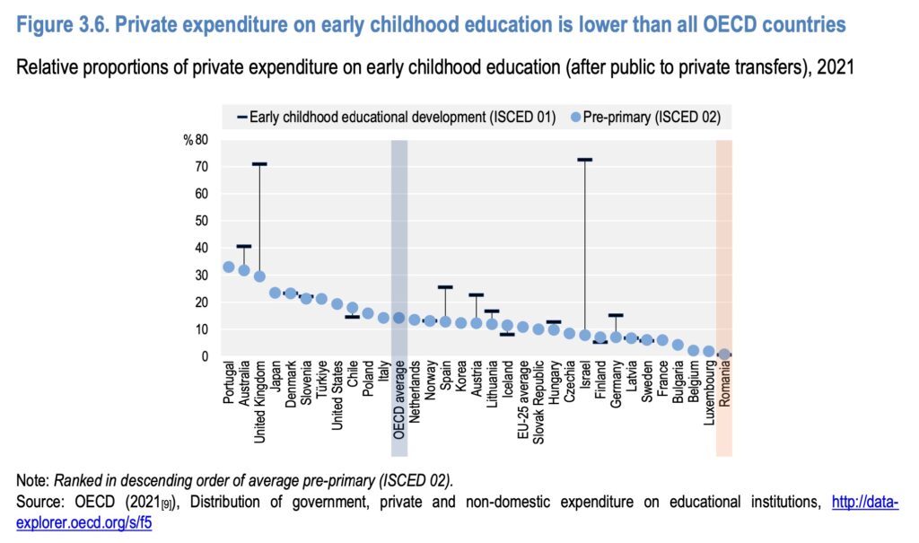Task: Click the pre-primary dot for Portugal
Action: [x=229, y=267]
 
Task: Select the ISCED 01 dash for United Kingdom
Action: [x=259, y=164]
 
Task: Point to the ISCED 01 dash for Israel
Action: [x=584, y=160]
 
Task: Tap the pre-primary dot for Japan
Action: [x=276, y=293]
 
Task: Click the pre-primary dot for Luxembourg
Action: [x=709, y=351]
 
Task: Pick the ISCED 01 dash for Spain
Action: [x=445, y=287]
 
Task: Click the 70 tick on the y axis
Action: [x=201, y=167]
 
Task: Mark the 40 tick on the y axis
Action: [x=201, y=248]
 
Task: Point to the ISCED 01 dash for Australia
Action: [x=244, y=246]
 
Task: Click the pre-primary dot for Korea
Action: [x=461, y=323]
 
